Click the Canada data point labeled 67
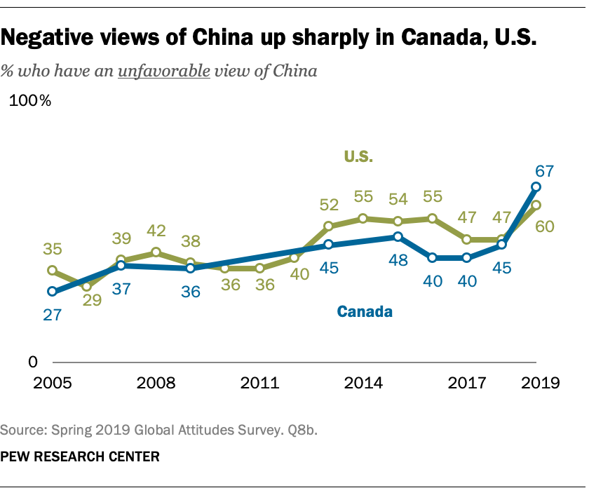click(x=536, y=187)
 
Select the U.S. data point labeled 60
click(x=536, y=205)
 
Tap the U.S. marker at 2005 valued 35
click(x=52, y=270)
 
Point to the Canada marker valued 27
click(x=52, y=291)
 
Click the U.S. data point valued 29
click(x=86, y=286)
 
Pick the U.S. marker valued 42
click(x=156, y=252)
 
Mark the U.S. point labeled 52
click(x=328, y=226)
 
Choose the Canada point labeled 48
click(x=398, y=236)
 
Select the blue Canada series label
click(x=364, y=312)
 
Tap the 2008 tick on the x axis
click(x=156, y=384)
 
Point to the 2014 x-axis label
click(x=363, y=384)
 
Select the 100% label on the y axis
click(x=29, y=101)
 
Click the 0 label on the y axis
click(x=32, y=362)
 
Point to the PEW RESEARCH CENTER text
click(x=80, y=457)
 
